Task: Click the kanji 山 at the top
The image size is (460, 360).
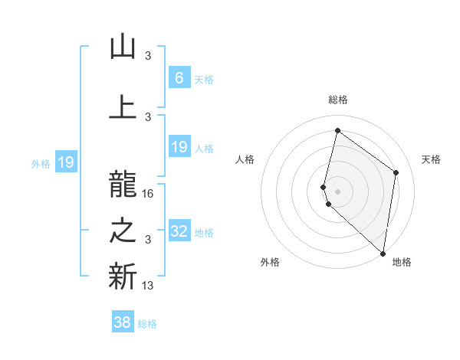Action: click(x=123, y=47)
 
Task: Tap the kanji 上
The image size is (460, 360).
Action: click(x=123, y=107)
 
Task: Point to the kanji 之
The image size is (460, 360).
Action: click(x=123, y=233)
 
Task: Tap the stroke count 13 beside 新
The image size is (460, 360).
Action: click(x=148, y=286)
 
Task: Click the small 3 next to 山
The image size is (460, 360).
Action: click(x=148, y=55)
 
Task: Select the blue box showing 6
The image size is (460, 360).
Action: click(x=179, y=77)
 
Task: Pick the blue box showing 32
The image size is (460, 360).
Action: click(x=179, y=231)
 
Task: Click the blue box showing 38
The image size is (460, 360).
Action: click(x=123, y=322)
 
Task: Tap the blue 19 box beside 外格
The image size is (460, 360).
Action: click(x=65, y=162)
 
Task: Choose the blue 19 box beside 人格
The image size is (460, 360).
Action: click(x=179, y=147)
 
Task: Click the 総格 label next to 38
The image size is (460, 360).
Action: click(x=147, y=324)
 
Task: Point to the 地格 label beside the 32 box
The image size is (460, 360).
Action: click(x=204, y=233)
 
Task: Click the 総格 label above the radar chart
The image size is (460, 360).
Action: click(x=337, y=100)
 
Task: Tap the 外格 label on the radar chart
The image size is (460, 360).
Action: click(x=270, y=262)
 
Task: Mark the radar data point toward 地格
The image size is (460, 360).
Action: click(x=383, y=254)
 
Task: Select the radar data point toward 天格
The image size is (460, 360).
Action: click(x=396, y=172)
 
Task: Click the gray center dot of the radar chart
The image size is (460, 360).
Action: click(x=337, y=190)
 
